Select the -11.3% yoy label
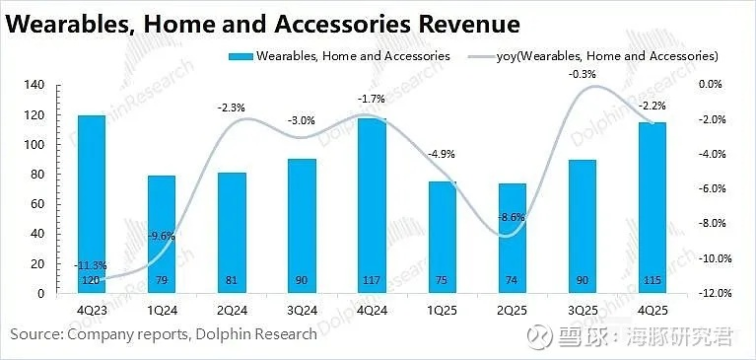(92, 263)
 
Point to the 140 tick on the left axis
(34, 86)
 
